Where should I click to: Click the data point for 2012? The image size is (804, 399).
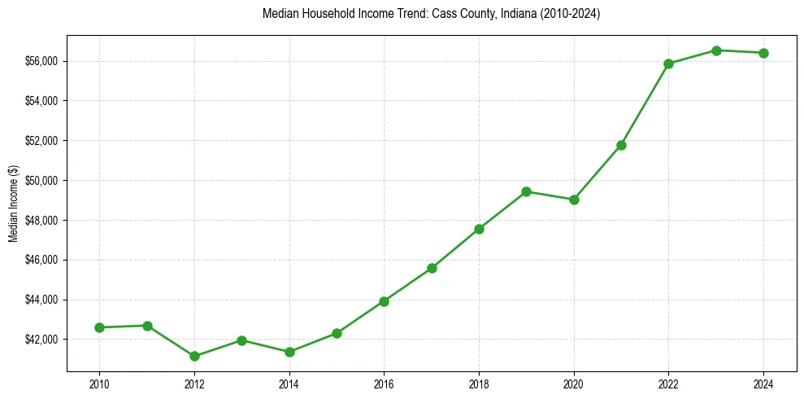pyautogui.click(x=194, y=356)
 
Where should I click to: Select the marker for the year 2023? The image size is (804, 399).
pyautogui.click(x=716, y=50)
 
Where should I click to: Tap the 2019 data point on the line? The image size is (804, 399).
pyautogui.click(x=526, y=191)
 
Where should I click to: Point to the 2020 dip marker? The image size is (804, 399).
pyautogui.click(x=574, y=199)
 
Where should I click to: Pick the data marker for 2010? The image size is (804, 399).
pyautogui.click(x=99, y=327)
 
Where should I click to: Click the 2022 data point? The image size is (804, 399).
pyautogui.click(x=668, y=64)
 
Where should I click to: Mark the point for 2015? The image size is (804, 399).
pyautogui.click(x=337, y=333)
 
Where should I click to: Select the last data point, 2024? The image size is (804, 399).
pyautogui.click(x=763, y=53)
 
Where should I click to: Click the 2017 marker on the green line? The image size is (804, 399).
pyautogui.click(x=432, y=268)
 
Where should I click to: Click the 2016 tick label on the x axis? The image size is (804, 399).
pyautogui.click(x=384, y=382)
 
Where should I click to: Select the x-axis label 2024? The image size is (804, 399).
pyautogui.click(x=763, y=382)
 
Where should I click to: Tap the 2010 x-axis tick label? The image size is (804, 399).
pyautogui.click(x=99, y=382)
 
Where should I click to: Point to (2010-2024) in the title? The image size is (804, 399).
pyautogui.click(x=565, y=14)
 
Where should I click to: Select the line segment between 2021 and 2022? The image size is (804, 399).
pyautogui.click(x=645, y=104)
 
